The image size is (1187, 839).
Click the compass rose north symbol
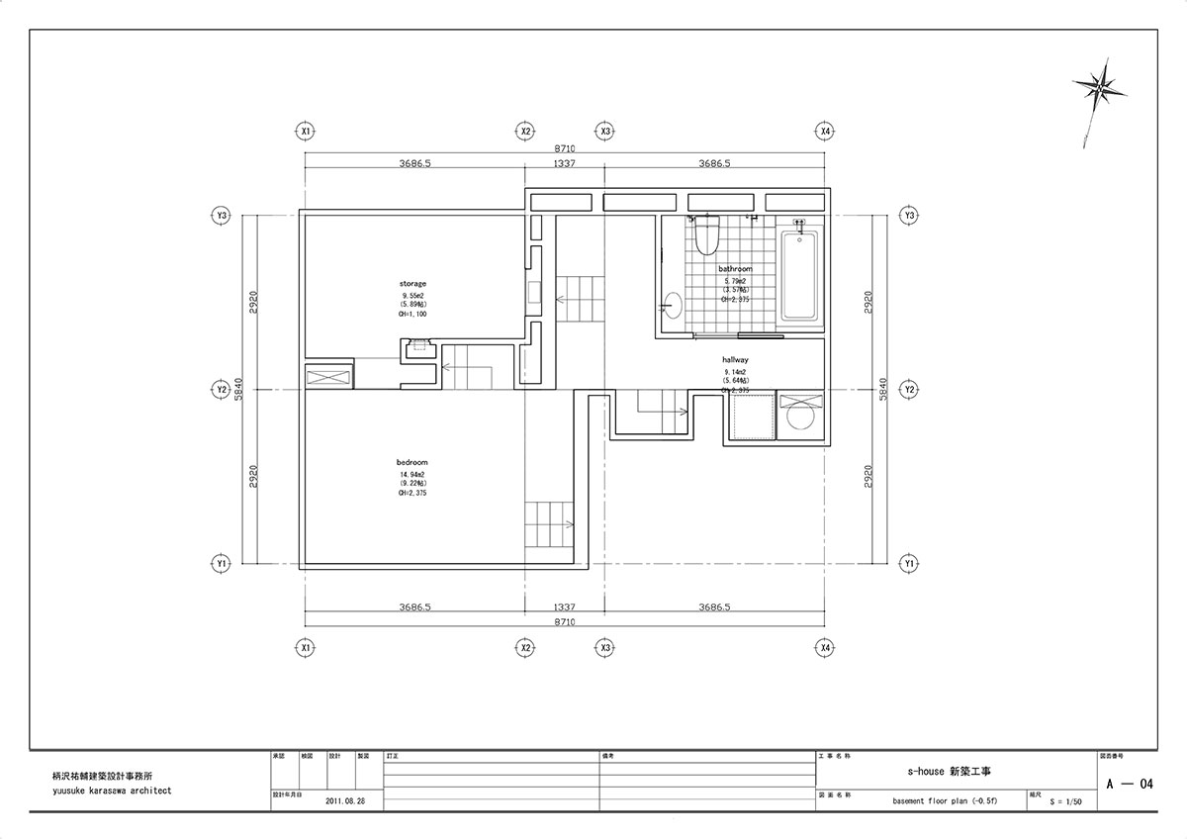click(1099, 89)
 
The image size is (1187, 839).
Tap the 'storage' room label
click(412, 283)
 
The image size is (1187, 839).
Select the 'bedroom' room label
click(412, 462)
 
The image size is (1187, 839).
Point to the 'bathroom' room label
click(735, 269)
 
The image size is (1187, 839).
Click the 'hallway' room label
click(735, 360)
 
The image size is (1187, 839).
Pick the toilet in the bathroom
click(706, 236)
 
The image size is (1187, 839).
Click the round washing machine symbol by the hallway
click(799, 421)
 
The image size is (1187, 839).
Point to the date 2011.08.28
click(344, 801)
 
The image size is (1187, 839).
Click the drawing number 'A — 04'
click(1131, 784)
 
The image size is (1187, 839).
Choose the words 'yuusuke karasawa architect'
click(112, 791)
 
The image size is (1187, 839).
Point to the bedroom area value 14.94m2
click(412, 475)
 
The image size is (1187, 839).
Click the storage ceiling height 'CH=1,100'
click(412, 314)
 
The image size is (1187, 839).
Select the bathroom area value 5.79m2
click(735, 280)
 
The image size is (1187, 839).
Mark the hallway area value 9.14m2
click(735, 371)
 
